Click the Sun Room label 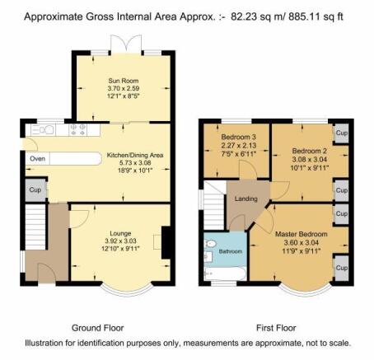pyautogui.click(x=124, y=81)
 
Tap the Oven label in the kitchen pyautogui.click(x=37, y=159)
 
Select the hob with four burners pyautogui.click(x=77, y=130)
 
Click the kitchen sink pyautogui.click(x=43, y=130)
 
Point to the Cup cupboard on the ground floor pyautogui.click(x=35, y=190)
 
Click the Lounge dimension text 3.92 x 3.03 pyautogui.click(x=120, y=241)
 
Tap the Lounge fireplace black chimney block pyautogui.click(x=166, y=242)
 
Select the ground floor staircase pyautogui.click(x=35, y=227)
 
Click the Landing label pyautogui.click(x=246, y=199)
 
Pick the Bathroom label pyautogui.click(x=231, y=251)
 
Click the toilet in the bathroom pyautogui.click(x=210, y=243)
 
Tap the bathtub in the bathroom pyautogui.click(x=226, y=274)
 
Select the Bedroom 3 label pyautogui.click(x=239, y=137)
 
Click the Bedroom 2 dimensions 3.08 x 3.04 pyautogui.click(x=310, y=159)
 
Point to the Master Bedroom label pyautogui.click(x=302, y=234)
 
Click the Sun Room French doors pyautogui.click(x=126, y=44)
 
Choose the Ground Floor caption pyautogui.click(x=98, y=328)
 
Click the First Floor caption pyautogui.click(x=276, y=328)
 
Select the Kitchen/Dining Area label pyautogui.click(x=135, y=155)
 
